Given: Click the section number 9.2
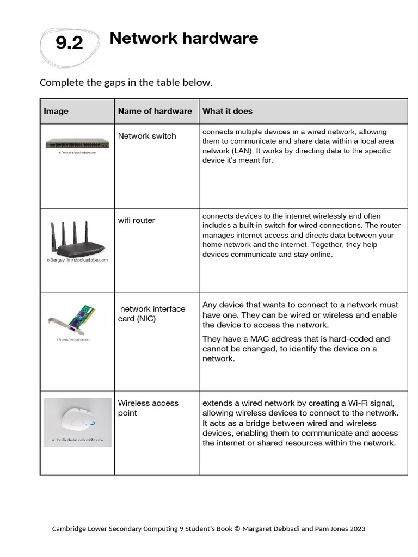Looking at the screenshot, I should click(69, 43).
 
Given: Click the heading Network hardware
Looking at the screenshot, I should click(183, 38).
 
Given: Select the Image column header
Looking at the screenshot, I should click(56, 111).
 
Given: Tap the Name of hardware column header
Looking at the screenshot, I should click(155, 111).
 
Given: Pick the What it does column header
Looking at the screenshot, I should click(227, 111).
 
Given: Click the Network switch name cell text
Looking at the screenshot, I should click(147, 136).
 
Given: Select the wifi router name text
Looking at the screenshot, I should click(136, 220).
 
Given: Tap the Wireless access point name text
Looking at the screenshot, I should click(148, 408).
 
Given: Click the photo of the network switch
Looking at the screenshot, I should click(77, 144).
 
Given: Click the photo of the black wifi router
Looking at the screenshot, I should click(77, 239).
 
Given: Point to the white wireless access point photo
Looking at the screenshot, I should click(77, 419).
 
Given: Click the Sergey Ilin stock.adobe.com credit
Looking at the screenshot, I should click(77, 260).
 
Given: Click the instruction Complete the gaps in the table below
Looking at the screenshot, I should click(126, 83).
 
